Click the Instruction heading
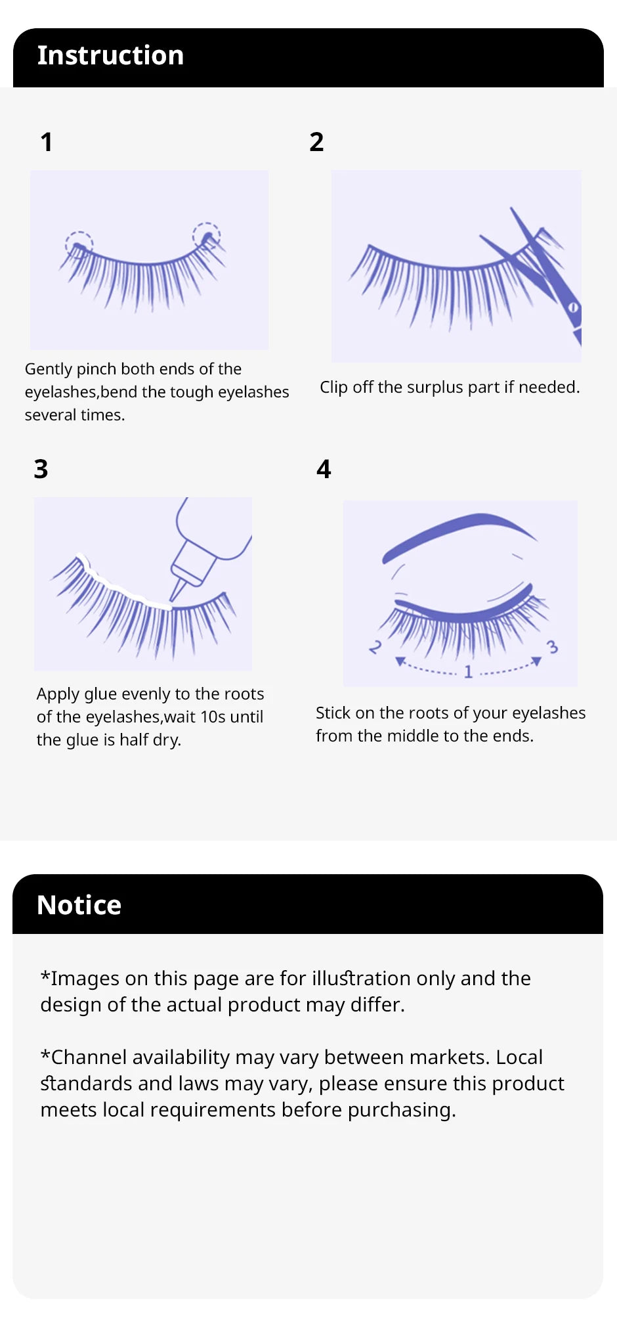tap(110, 56)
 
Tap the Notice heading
tap(79, 905)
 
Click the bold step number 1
tap(46, 143)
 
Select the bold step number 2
tap(316, 142)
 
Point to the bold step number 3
tap(41, 469)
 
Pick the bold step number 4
tap(324, 469)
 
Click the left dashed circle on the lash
tap(79, 244)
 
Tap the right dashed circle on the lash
tap(206, 234)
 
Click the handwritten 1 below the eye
tap(468, 671)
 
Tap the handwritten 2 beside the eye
tap(375, 647)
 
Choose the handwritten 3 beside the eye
tap(552, 647)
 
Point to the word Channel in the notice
tap(140, 1057)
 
